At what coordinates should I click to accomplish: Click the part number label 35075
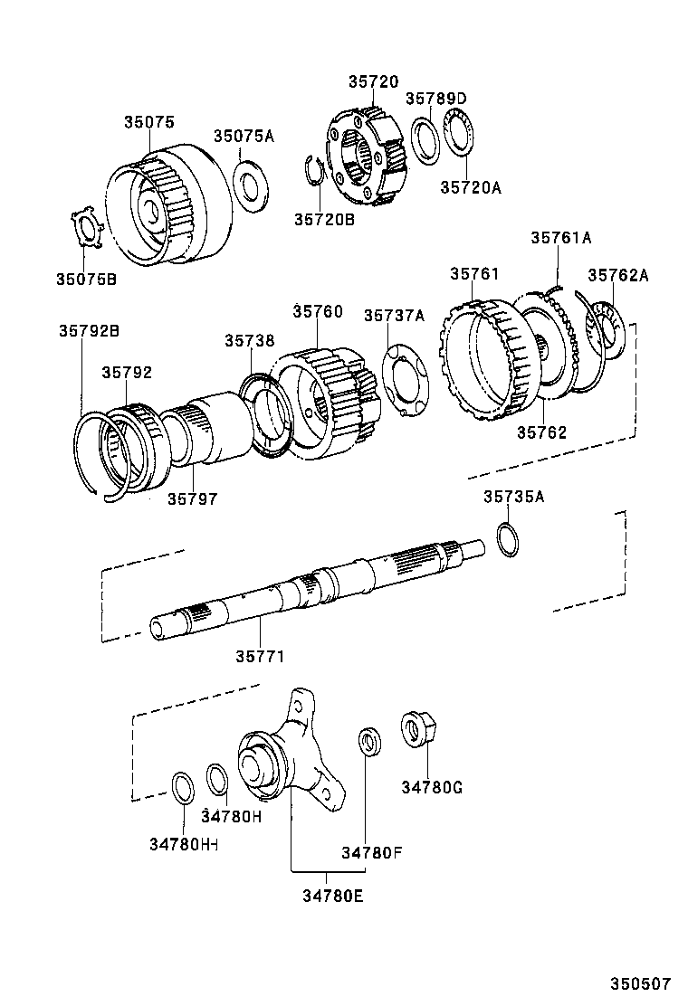tap(149, 122)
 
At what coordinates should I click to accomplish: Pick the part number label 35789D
tap(435, 99)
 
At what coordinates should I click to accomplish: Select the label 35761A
tap(560, 238)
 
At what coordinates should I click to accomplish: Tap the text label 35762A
tap(618, 275)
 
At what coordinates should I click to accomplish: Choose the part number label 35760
tap(318, 311)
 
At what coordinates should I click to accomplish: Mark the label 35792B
tap(89, 331)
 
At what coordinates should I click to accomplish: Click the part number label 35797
tap(192, 498)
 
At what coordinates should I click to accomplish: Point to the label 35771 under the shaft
tap(261, 656)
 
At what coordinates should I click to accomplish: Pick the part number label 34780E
tap(327, 897)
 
